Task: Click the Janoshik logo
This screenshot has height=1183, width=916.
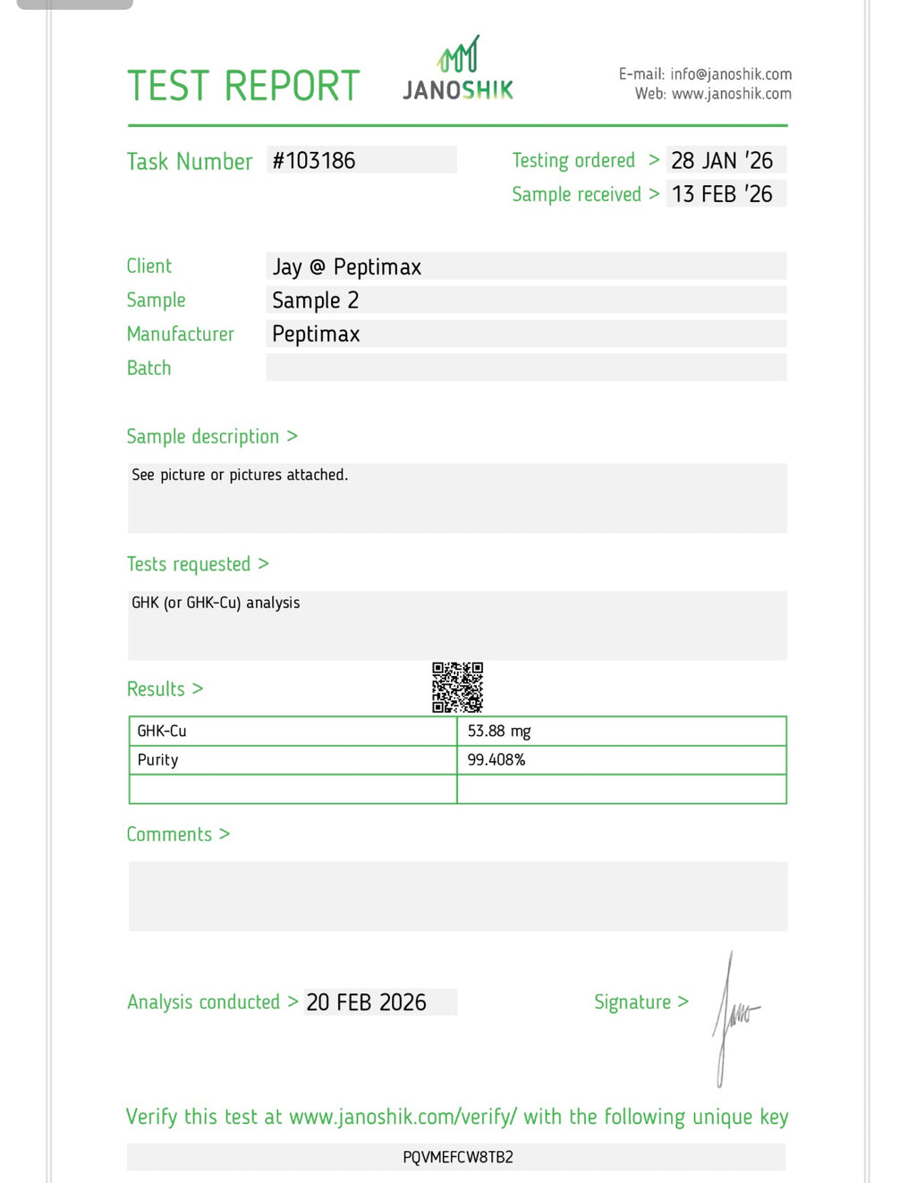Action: [x=458, y=70]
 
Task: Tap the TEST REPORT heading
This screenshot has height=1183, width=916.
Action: [x=242, y=86]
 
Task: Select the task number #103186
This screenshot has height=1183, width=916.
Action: [x=314, y=161]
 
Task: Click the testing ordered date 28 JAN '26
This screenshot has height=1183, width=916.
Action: [x=722, y=161]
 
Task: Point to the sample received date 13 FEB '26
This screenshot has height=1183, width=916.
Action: [x=722, y=194]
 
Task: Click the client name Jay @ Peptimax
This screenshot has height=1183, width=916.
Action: [x=346, y=266]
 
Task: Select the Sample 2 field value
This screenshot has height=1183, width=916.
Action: [x=315, y=300]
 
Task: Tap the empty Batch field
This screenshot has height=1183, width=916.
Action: [x=526, y=368]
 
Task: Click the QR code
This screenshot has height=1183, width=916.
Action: [x=457, y=688]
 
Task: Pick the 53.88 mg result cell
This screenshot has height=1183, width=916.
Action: [x=499, y=731]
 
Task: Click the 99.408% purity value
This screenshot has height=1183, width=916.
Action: [x=496, y=760]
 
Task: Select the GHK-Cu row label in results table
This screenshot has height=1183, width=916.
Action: [x=162, y=731]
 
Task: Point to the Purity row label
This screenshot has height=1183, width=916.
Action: [x=158, y=760]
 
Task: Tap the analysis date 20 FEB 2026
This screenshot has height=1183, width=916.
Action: [x=366, y=1002]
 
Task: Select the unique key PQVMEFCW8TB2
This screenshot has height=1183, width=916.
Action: [x=458, y=1157]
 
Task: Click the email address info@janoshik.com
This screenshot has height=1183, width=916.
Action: [x=731, y=74]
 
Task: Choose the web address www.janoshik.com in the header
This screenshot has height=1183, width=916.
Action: [x=731, y=94]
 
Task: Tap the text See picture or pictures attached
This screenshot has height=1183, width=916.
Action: [x=240, y=475]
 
